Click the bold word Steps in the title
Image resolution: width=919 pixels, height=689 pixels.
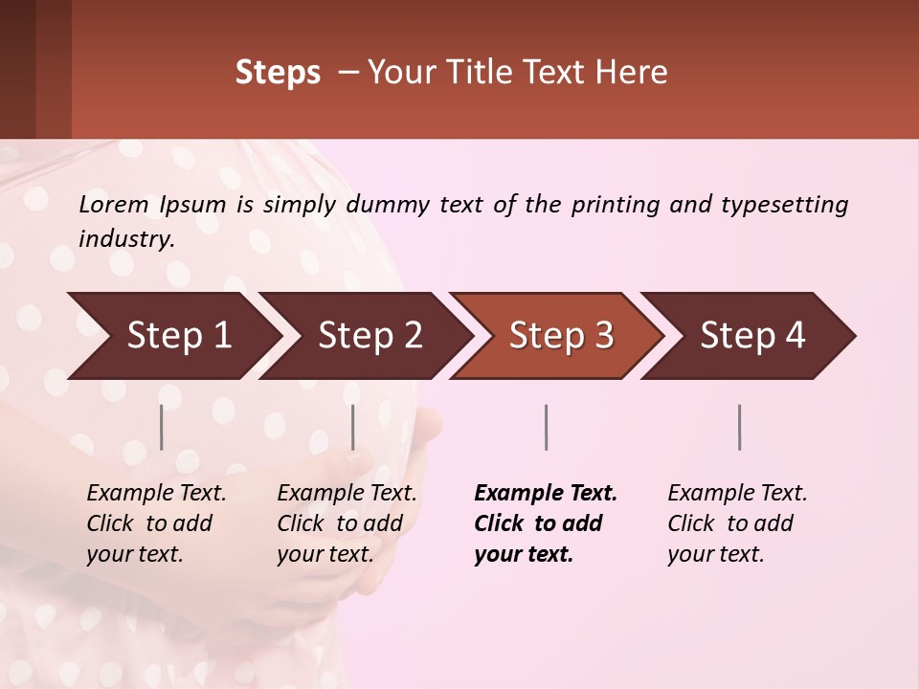coord(278,73)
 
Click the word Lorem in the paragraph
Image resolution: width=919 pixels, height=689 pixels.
coord(113,205)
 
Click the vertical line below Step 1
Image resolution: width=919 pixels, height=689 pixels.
coord(162,427)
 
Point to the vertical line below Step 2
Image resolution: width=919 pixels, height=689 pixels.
coord(353,427)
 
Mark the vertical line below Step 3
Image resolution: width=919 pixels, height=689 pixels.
coord(547,427)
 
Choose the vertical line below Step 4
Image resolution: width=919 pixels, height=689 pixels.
coord(740,427)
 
